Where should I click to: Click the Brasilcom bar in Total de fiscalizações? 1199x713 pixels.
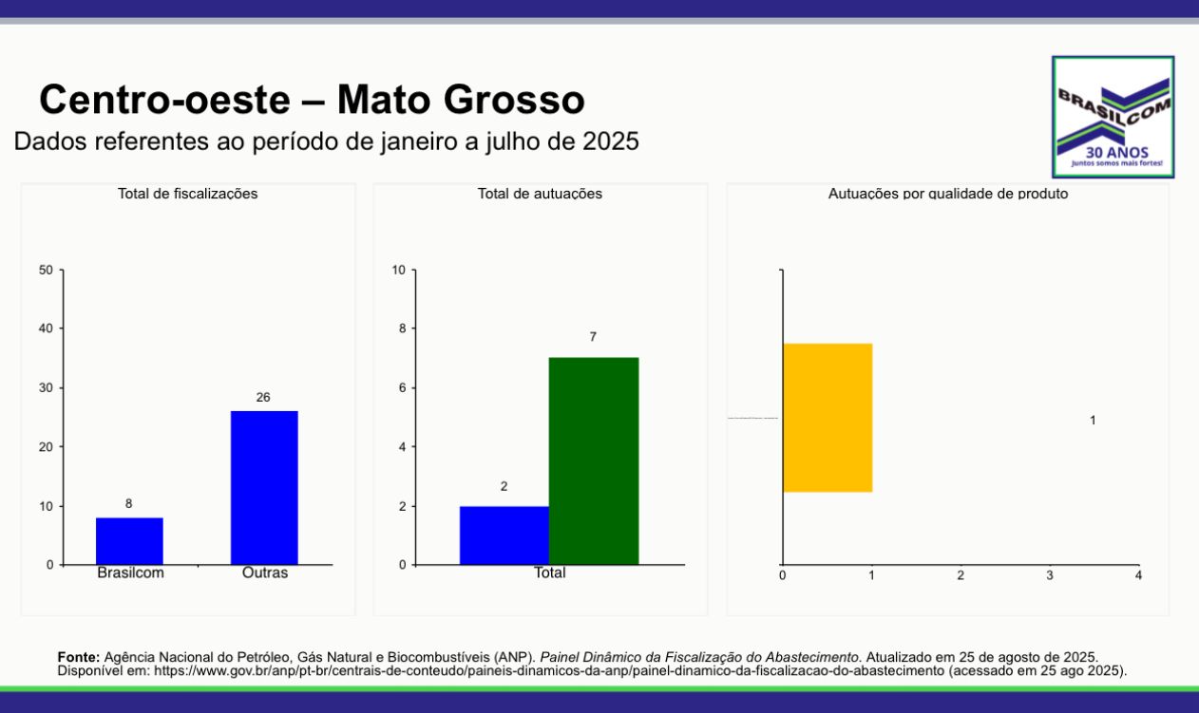coord(129,540)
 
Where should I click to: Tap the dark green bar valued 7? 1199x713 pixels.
coord(594,460)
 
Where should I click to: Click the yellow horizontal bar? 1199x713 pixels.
coord(828,418)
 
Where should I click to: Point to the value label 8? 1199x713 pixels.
coord(128,504)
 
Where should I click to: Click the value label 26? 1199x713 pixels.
coord(263,398)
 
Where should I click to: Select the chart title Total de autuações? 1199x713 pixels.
coord(540,194)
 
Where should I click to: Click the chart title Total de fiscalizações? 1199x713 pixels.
coord(187,194)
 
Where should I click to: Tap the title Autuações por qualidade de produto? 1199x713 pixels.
coord(948,194)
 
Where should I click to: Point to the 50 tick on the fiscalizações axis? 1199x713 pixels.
coord(47,270)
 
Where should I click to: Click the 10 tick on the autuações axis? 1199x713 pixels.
coord(399,270)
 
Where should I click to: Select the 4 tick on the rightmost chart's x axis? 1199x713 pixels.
coord(1138,575)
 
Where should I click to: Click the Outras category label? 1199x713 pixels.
coord(265,573)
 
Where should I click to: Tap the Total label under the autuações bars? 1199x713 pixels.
coord(549,573)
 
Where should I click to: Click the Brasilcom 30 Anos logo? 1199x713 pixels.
coord(1113,117)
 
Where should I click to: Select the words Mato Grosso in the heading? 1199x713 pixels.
coord(461,100)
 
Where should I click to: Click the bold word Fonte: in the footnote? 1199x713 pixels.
coord(79,657)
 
